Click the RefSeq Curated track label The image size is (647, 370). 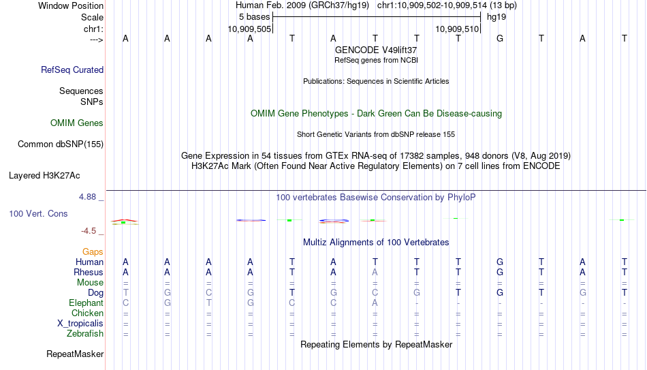[72, 70]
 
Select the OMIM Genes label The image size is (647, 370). [77, 123]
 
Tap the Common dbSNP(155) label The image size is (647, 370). [61, 144]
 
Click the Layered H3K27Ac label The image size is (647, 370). [44, 176]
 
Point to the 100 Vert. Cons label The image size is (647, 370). [38, 213]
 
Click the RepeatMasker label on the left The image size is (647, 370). [75, 354]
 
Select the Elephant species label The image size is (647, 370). [86, 303]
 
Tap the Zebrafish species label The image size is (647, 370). [85, 334]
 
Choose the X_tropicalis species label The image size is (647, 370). [80, 324]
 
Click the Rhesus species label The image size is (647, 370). [89, 272]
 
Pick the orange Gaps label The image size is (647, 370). [93, 252]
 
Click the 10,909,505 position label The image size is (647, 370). [250, 29]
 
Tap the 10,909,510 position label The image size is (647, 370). [457, 29]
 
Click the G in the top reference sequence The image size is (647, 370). [500, 38]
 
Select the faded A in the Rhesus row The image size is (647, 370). [375, 272]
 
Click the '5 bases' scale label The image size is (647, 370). [254, 17]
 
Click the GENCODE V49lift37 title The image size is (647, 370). [376, 50]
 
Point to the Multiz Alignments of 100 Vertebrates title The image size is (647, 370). [376, 243]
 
